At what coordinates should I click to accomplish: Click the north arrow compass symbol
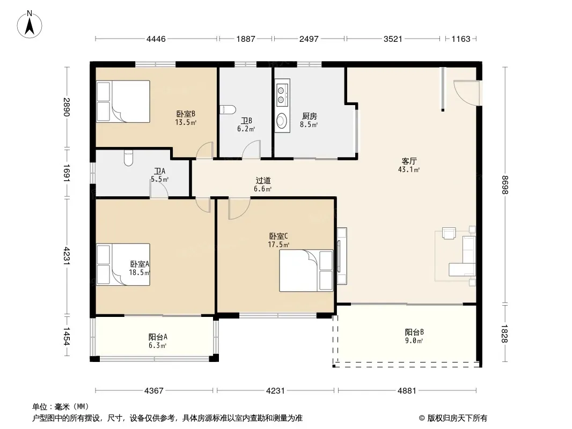click(x=30, y=25)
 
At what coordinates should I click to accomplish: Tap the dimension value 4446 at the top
click(x=156, y=39)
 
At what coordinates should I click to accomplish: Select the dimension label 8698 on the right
click(x=505, y=185)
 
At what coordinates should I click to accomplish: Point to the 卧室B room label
click(x=186, y=114)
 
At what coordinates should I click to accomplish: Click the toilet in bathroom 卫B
click(x=228, y=109)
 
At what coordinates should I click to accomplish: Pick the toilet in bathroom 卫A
click(x=128, y=158)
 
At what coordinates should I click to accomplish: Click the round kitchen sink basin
click(x=282, y=120)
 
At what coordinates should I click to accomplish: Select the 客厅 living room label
click(x=409, y=161)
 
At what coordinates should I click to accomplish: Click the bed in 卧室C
click(x=306, y=270)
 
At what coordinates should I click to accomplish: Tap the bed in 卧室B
click(x=123, y=101)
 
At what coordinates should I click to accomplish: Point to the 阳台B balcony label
click(x=414, y=332)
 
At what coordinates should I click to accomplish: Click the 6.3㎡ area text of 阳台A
click(x=157, y=345)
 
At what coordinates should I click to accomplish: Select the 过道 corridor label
click(x=263, y=180)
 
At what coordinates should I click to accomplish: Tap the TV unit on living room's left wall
click(x=341, y=256)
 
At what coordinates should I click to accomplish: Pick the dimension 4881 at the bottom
click(x=407, y=391)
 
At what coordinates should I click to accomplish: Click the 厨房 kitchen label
click(x=310, y=116)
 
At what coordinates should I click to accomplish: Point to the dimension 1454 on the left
click(x=67, y=336)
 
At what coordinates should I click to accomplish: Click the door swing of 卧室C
click(x=239, y=209)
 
